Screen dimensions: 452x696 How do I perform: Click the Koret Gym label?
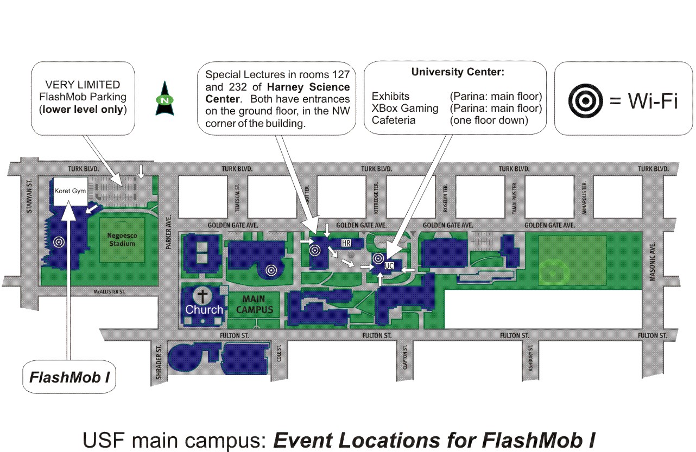(70, 191)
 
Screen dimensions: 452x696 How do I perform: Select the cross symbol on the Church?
(204, 296)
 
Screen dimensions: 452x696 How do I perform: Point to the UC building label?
(389, 266)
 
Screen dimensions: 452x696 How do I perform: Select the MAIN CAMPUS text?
(254, 304)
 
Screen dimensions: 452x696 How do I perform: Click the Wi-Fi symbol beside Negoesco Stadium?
(59, 243)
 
